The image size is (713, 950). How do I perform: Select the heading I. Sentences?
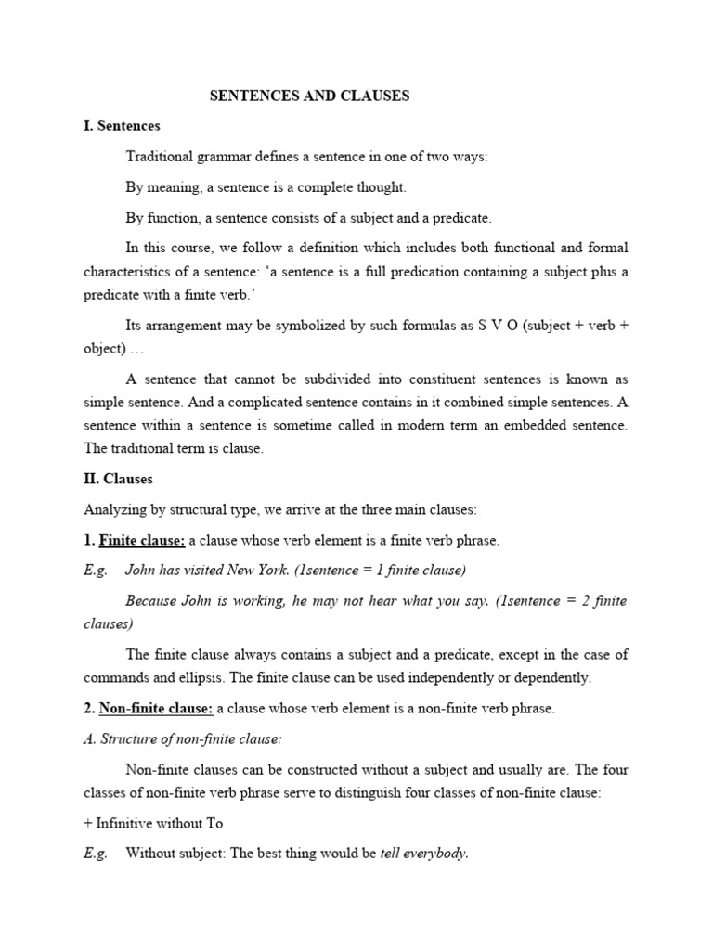(x=122, y=125)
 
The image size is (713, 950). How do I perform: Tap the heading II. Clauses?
(x=118, y=479)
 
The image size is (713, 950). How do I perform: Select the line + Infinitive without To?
(x=153, y=823)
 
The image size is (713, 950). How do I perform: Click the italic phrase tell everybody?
(x=423, y=854)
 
